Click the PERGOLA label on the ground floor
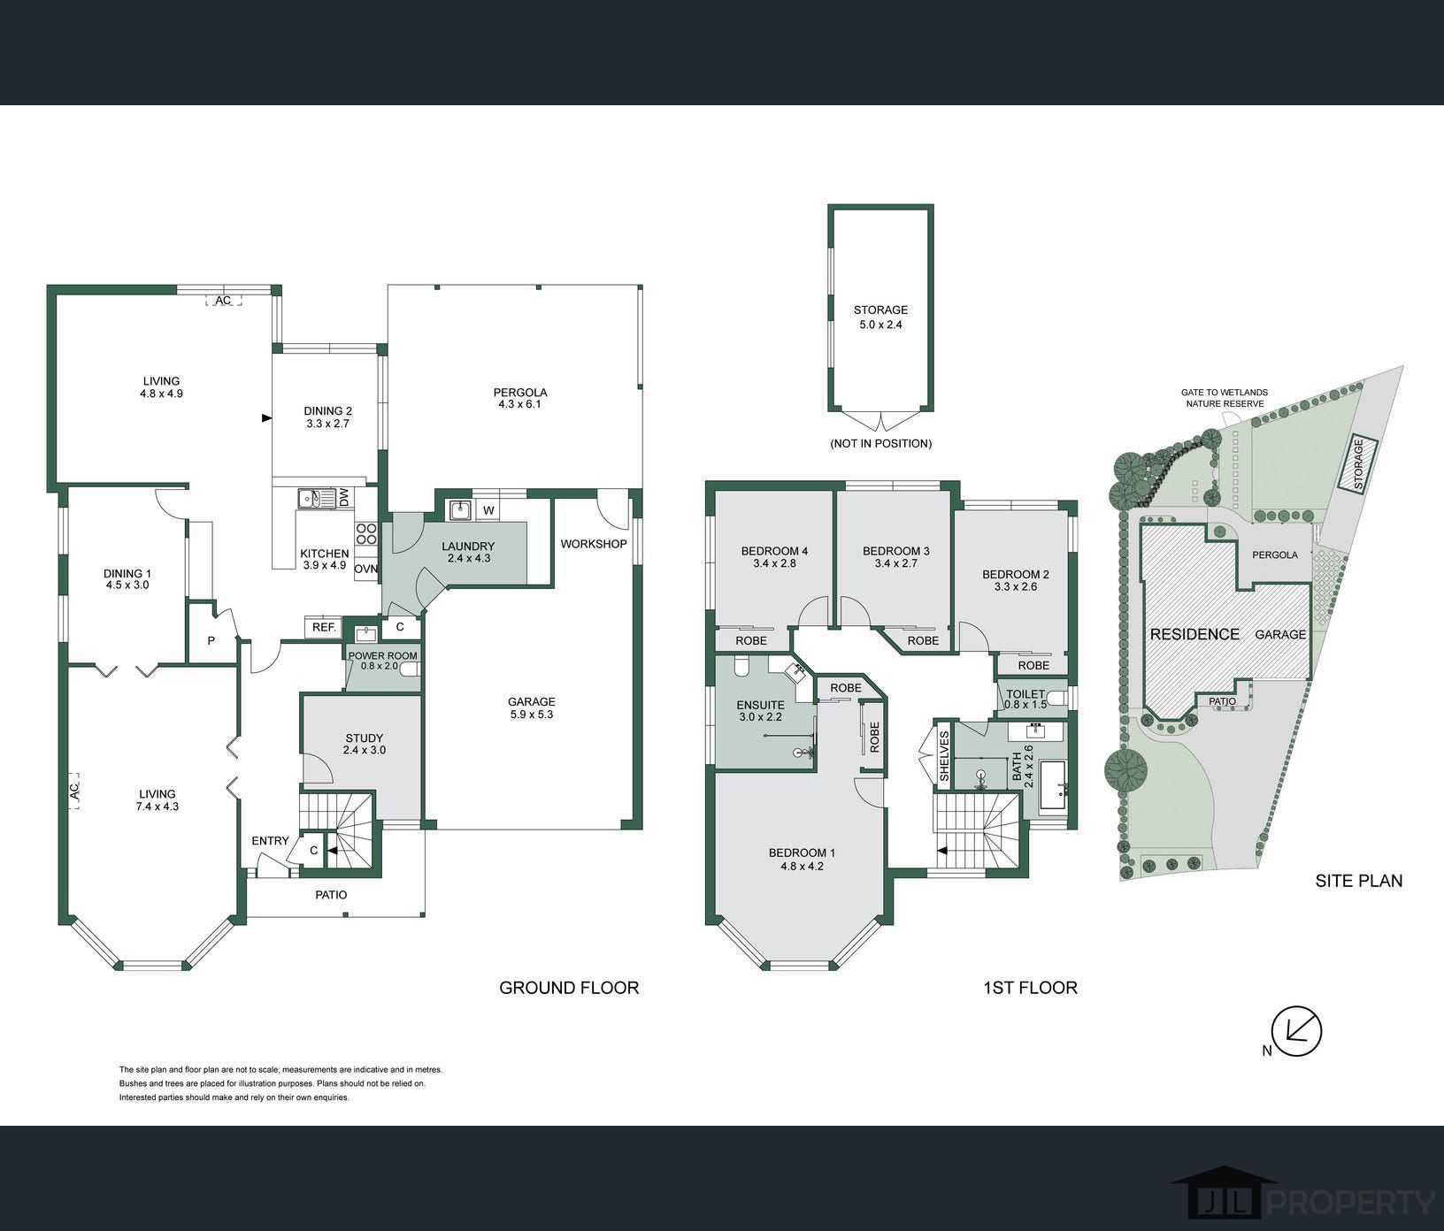tap(520, 392)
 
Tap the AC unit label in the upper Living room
tap(224, 301)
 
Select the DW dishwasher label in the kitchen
tap(344, 499)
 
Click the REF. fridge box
tap(323, 627)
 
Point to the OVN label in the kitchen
tap(365, 570)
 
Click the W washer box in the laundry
tap(488, 510)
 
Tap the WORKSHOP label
tap(594, 544)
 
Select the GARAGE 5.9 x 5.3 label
tap(531, 707)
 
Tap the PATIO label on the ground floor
tap(331, 895)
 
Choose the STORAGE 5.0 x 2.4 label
tap(880, 317)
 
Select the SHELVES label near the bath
tap(944, 756)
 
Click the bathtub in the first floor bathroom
tap(1053, 785)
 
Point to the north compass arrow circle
tap(1296, 1031)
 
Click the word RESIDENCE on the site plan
tap(1194, 634)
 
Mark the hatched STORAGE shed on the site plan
tap(1356, 463)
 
